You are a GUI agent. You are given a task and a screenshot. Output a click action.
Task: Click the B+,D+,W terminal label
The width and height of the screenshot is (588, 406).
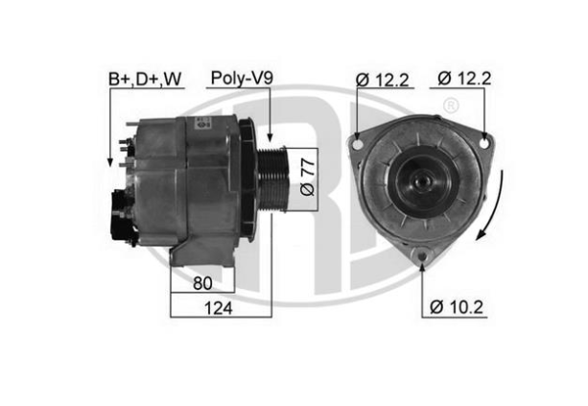[145, 79]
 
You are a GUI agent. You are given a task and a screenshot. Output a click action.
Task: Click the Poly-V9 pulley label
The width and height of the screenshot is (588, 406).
[242, 78]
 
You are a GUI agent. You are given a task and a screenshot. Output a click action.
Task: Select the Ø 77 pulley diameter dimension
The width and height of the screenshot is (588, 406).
[307, 178]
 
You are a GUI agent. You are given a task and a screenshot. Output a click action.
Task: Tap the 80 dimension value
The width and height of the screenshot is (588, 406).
[202, 283]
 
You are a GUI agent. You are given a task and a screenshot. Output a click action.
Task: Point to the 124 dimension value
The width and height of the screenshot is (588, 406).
[219, 308]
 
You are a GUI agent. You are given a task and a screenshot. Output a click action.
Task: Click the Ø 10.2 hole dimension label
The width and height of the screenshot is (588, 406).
[457, 307]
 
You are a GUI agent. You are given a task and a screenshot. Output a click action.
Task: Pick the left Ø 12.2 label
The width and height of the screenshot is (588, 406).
[382, 80]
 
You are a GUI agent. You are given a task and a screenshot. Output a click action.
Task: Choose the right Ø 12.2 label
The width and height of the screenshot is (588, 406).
[464, 79]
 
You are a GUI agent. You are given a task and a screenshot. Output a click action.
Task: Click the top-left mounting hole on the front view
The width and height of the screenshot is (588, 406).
[359, 144]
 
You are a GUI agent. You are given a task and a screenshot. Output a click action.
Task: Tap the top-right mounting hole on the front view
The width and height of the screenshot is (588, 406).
[484, 143]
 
